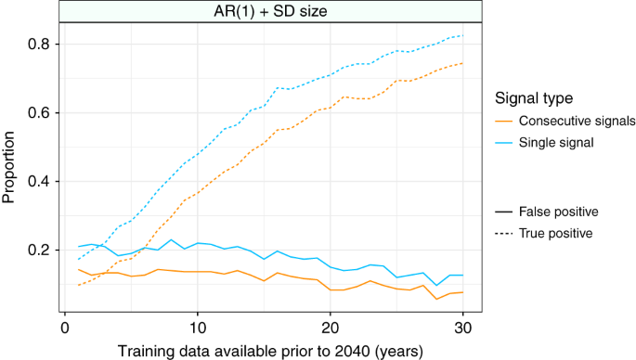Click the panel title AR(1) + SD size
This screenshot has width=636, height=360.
[263, 11]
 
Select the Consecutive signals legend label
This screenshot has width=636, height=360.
[576, 122]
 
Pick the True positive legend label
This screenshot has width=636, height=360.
[556, 233]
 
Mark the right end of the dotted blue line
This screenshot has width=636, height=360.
[463, 35]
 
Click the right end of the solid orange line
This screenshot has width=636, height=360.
[463, 292]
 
